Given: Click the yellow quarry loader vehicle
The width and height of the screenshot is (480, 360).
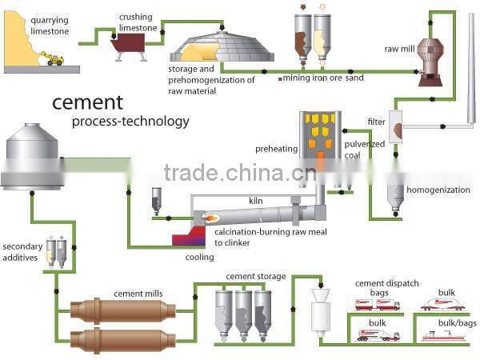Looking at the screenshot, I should [55, 59].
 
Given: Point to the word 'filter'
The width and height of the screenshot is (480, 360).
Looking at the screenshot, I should [376, 122].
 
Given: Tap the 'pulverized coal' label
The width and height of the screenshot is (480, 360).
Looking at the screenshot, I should [364, 150].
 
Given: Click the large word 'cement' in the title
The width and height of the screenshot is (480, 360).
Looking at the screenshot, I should [88, 102].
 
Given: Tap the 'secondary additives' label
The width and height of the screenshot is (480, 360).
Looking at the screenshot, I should [22, 252].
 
